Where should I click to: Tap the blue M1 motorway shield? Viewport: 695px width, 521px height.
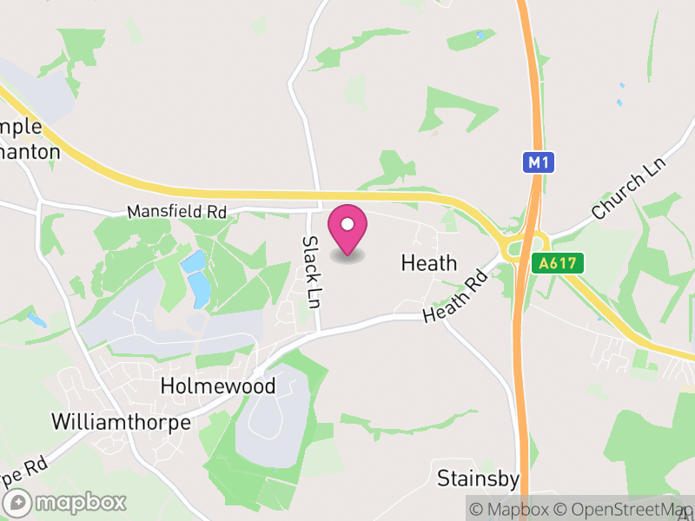pos(539,162)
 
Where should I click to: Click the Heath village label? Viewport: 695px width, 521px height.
pos(428,262)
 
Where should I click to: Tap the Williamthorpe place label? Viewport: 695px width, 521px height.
pos(121,422)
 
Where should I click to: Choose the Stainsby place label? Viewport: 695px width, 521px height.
pos(478,478)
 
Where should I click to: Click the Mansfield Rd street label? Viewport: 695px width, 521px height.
pos(176,211)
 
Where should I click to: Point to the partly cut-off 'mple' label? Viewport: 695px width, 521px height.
pos(21,127)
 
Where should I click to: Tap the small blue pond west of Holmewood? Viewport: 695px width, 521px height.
pos(36,320)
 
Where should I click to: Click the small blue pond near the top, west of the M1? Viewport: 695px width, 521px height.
pos(480,36)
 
